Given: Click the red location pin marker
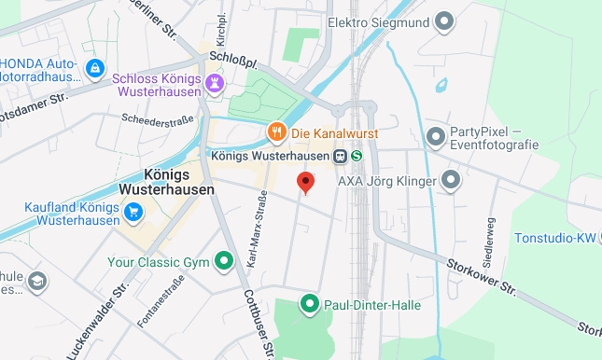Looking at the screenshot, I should (305, 183).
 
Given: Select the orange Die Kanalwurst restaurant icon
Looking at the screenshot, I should (276, 132).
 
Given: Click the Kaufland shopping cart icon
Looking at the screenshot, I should (134, 214).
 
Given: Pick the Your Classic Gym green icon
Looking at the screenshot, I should (224, 260).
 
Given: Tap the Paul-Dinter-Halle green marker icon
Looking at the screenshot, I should (309, 304).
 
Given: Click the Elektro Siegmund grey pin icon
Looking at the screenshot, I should (444, 21).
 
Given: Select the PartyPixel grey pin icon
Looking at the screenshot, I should (435, 138).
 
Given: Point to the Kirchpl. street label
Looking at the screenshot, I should (221, 28).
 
